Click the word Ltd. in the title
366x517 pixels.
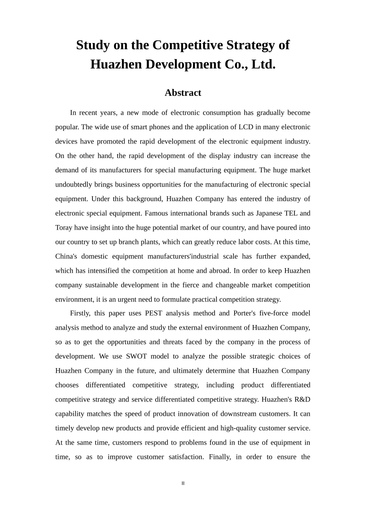tap(263, 64)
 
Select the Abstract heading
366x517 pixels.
tap(183, 93)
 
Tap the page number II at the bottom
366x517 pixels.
tap(183, 483)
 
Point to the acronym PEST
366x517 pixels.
tap(154, 313)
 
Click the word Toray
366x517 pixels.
tap(64, 227)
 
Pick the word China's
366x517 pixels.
tap(66, 256)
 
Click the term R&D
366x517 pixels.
tap(302, 399)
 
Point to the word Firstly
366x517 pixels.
tap(80, 313)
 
